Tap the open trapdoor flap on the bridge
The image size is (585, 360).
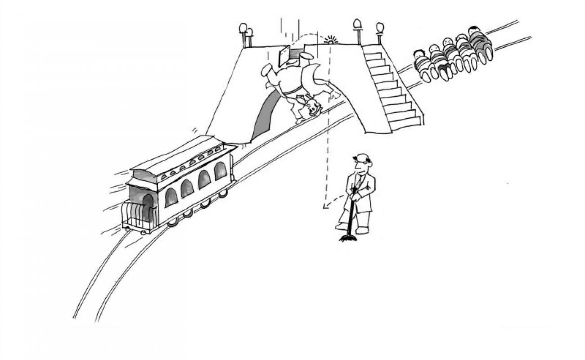tap(284, 55)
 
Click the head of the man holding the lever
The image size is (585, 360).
tap(362, 163)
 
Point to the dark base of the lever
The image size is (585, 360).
tap(348, 237)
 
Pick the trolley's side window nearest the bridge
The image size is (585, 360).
tap(220, 171)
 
